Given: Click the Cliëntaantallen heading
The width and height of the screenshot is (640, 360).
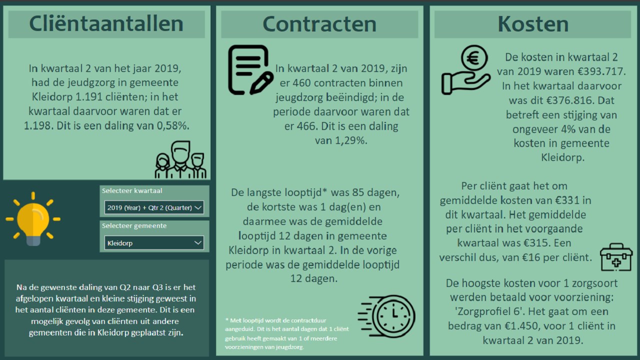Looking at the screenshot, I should coord(106,24).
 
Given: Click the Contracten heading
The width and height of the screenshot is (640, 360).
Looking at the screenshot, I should coord(319,24).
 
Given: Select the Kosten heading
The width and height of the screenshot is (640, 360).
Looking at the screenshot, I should coord(533,24).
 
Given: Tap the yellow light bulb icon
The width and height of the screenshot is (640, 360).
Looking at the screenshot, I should coord(33,219).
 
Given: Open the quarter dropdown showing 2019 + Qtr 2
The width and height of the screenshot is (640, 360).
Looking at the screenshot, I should coord(154,207).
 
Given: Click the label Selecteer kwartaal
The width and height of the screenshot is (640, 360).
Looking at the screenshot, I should coord(132,190).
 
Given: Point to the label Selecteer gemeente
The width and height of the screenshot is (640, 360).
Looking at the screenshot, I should coord(134,226).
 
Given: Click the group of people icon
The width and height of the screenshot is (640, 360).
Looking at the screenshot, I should coord(180,160).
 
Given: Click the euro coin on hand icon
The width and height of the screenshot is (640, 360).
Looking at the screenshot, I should coord(466,70).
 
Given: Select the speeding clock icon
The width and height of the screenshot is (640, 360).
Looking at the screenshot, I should coord(386,316).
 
